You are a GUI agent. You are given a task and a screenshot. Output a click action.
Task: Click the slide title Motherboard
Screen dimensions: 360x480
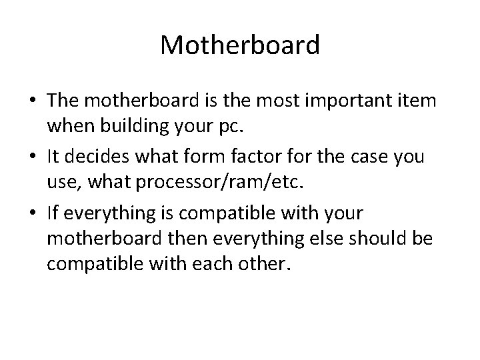[240, 45]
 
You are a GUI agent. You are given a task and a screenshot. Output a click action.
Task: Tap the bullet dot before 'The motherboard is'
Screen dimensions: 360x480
[31, 101]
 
